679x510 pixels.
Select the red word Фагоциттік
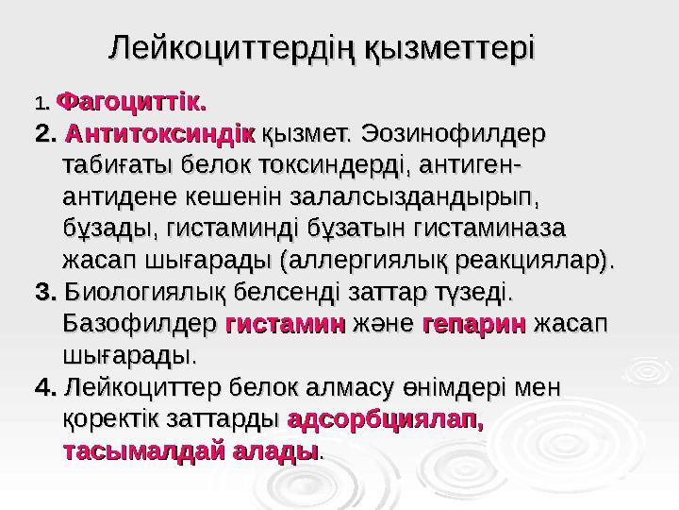[132, 97]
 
